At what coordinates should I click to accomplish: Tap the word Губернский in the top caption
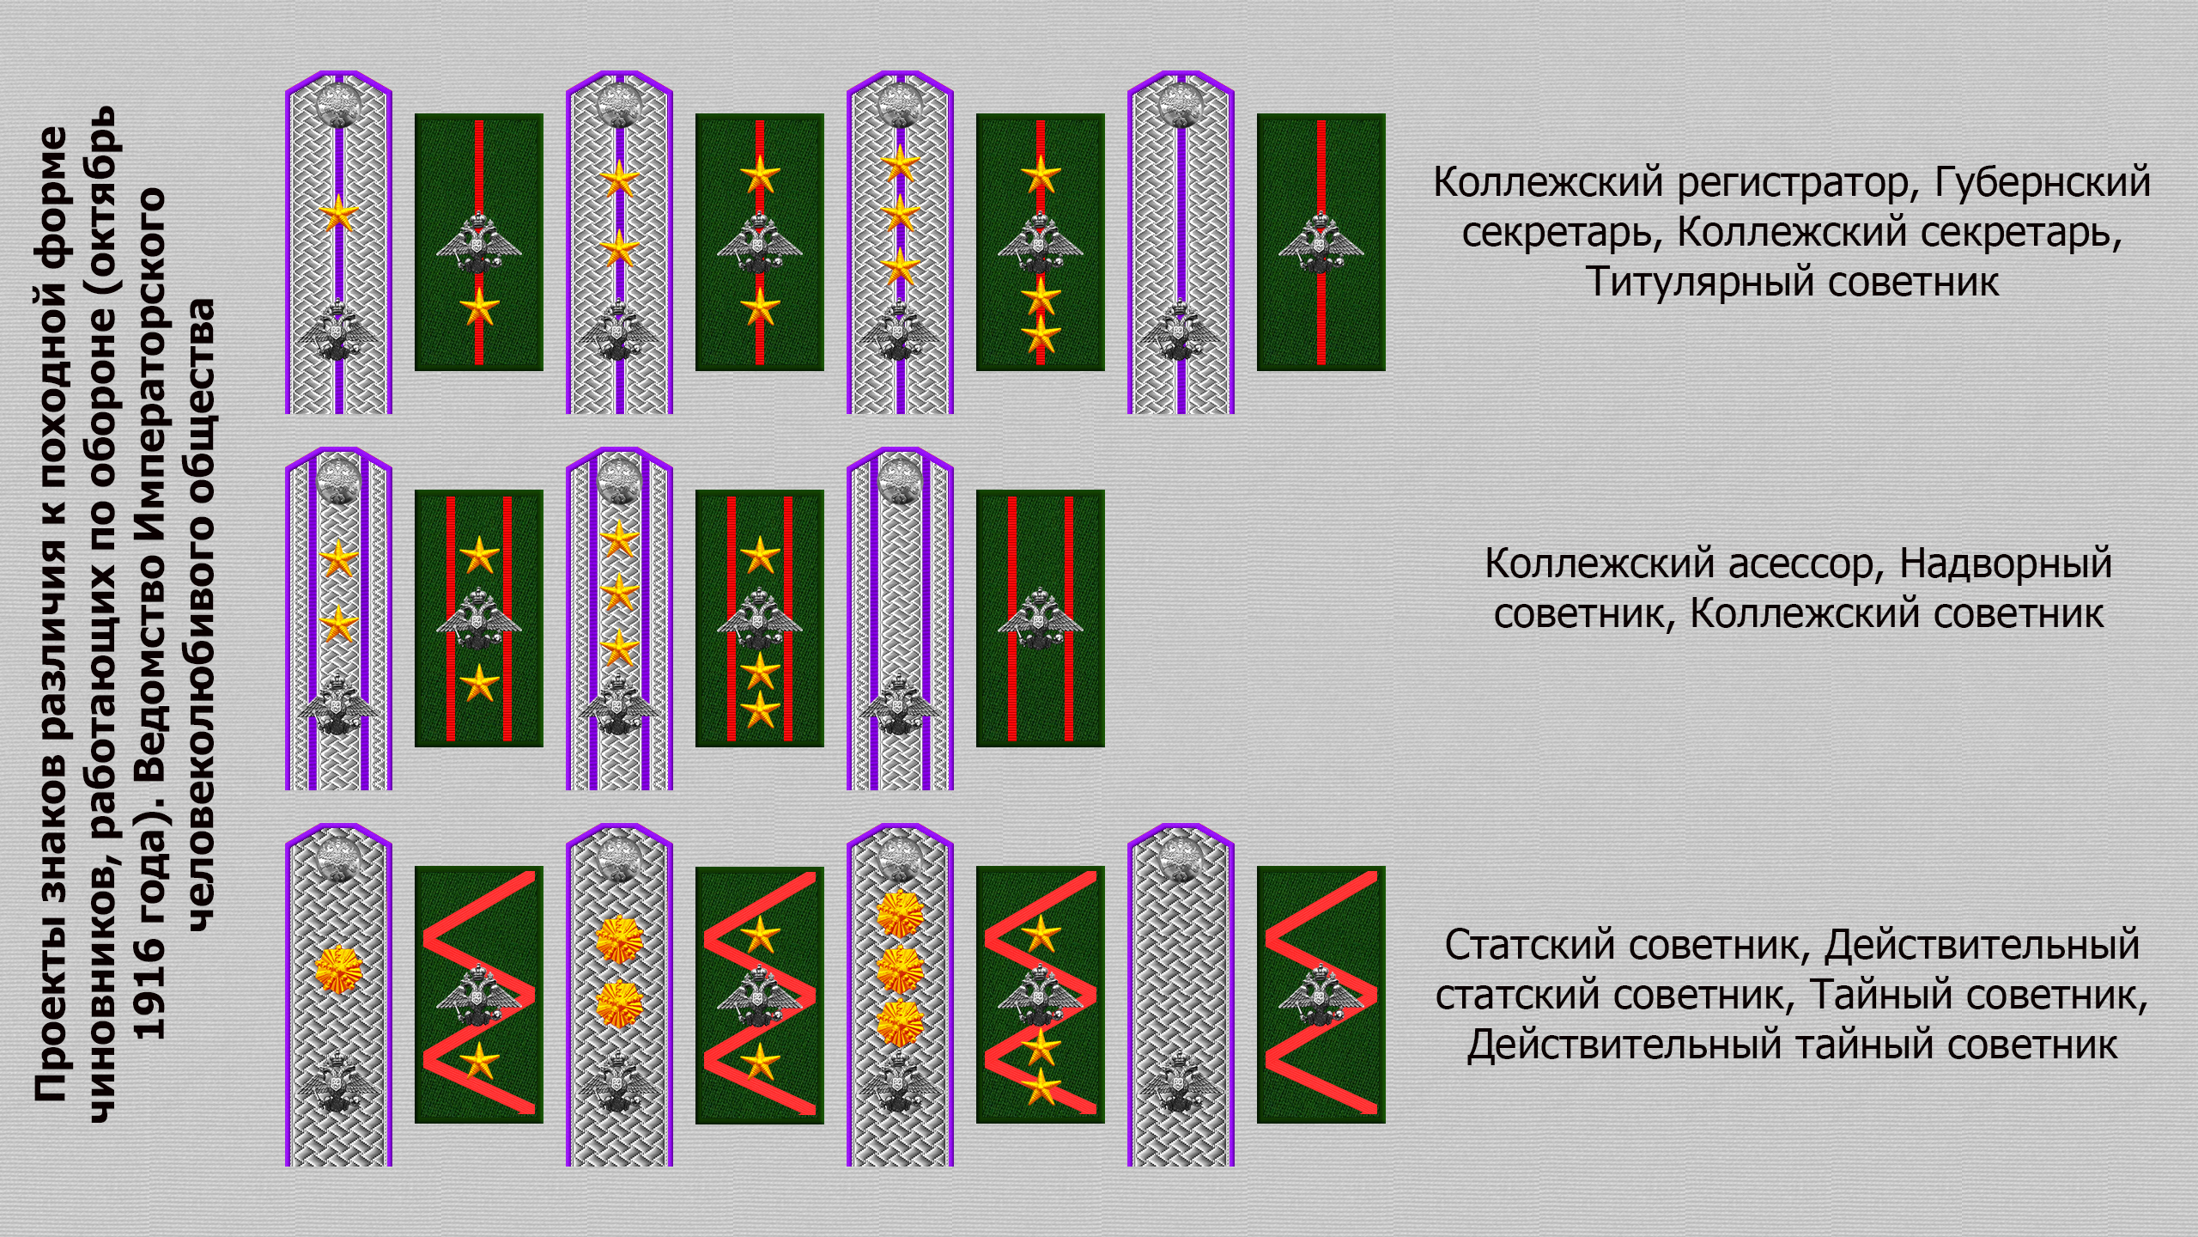pyautogui.click(x=2043, y=183)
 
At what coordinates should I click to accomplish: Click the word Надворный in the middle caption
pyautogui.click(x=2006, y=564)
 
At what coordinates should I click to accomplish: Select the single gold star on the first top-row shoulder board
pyautogui.click(x=339, y=214)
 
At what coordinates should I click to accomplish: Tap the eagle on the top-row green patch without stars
pyautogui.click(x=1321, y=240)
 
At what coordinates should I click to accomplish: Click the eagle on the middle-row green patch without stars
pyautogui.click(x=1040, y=617)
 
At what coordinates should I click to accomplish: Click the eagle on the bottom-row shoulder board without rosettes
pyautogui.click(x=1181, y=1085)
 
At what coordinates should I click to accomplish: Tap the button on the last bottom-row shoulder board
pyautogui.click(x=1181, y=857)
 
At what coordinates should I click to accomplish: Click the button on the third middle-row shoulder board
pyautogui.click(x=900, y=479)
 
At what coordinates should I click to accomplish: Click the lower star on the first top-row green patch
pyautogui.click(x=479, y=308)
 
